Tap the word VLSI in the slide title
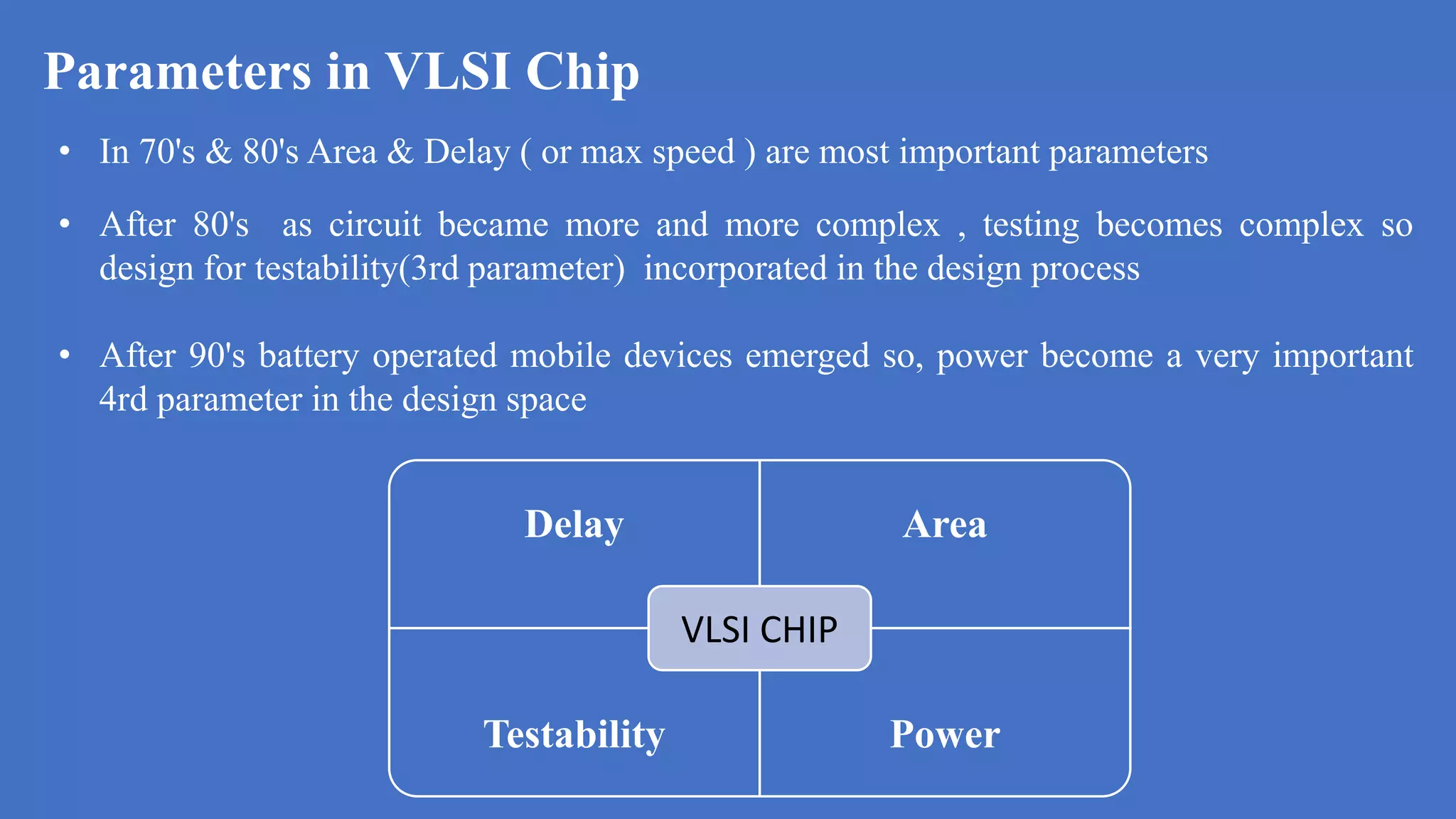(448, 71)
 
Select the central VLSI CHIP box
(759, 628)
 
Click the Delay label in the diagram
(574, 525)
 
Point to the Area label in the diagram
(945, 525)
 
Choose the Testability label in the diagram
(574, 734)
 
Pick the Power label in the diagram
(945, 734)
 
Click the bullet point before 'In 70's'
(65, 151)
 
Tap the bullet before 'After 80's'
(65, 225)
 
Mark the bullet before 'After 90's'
(65, 355)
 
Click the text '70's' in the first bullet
(167, 151)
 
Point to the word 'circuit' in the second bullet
(375, 225)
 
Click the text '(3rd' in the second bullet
(429, 269)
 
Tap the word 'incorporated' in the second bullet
(735, 269)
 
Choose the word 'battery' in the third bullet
(309, 355)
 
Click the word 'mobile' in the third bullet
(560, 355)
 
